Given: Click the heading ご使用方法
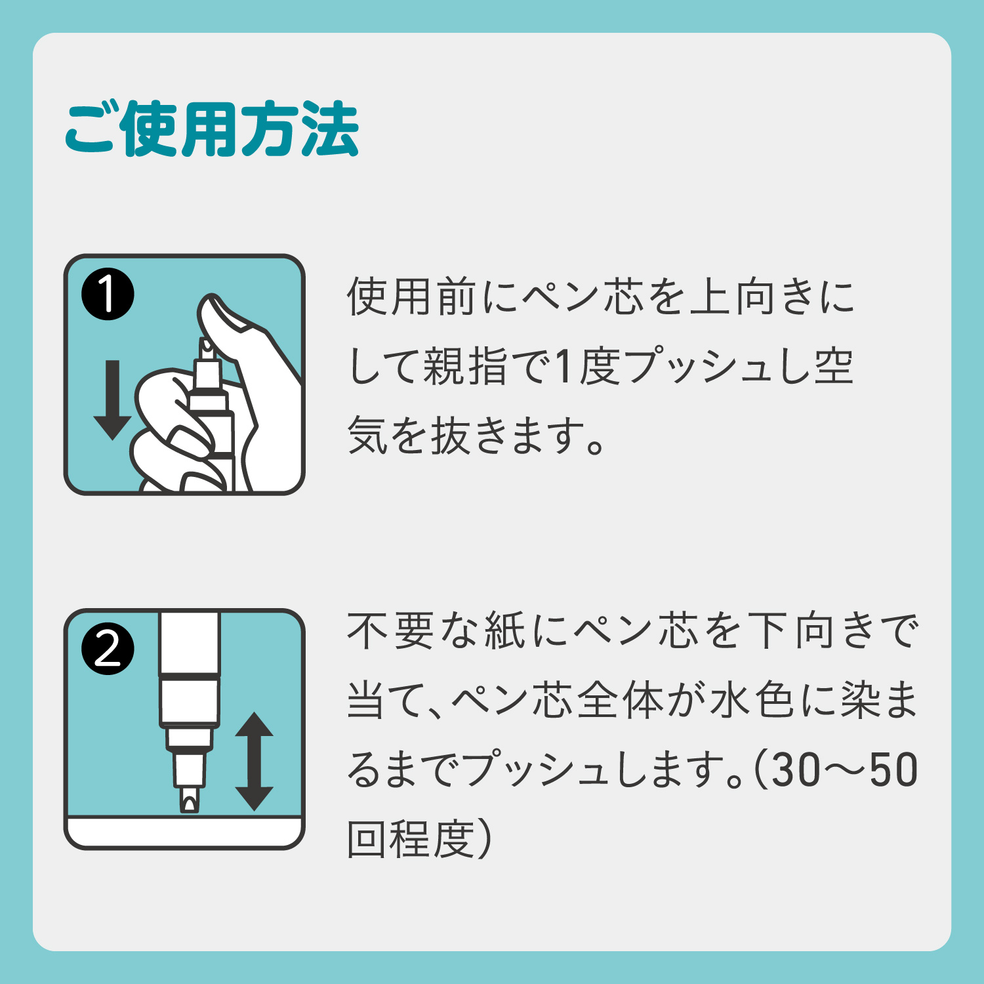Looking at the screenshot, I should coord(211,129).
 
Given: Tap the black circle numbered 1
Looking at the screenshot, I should coord(108,295).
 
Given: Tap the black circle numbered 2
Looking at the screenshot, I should coord(108,649).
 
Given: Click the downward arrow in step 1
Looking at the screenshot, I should coord(113,400).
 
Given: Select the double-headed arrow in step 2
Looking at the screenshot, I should coord(254,762).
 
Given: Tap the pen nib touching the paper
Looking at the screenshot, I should coord(190,801).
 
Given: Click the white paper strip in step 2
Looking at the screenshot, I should coord(184,831).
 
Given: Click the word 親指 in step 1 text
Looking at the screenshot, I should coord(466,366).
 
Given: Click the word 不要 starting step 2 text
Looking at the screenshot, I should coord(391,631).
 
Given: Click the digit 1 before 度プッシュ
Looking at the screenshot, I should coord(563,366).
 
